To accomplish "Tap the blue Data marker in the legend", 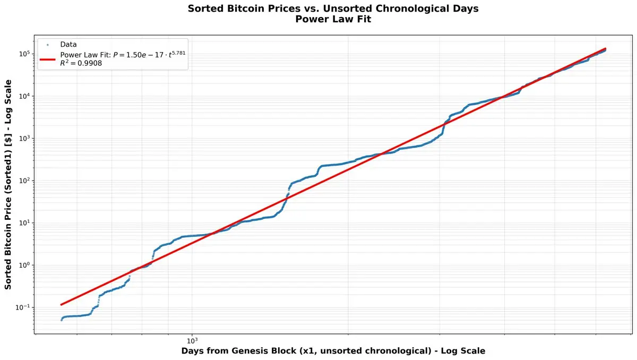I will point(48,45).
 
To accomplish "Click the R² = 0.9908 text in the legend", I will point(81,63).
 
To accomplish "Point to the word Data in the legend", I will point(68,45).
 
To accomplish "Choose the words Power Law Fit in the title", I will point(318,20).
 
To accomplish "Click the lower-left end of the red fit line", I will point(62,305).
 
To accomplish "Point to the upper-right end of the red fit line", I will point(606,48).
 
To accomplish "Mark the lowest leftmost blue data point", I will point(62,320).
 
